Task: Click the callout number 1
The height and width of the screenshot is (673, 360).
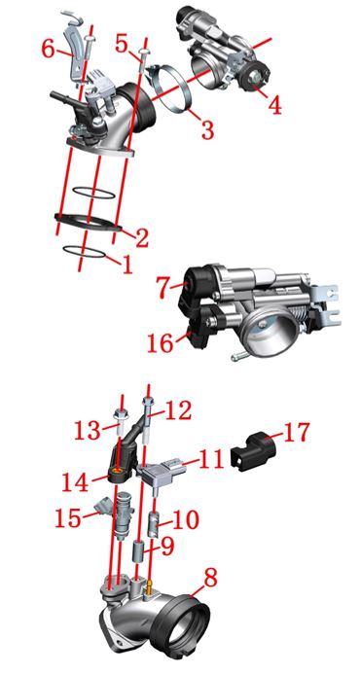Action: point(126,265)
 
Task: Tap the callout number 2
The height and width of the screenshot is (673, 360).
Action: point(141,237)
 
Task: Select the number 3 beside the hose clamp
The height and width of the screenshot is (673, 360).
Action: point(207,128)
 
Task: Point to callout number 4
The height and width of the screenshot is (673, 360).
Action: point(274,104)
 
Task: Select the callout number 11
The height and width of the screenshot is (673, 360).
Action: point(211,459)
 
